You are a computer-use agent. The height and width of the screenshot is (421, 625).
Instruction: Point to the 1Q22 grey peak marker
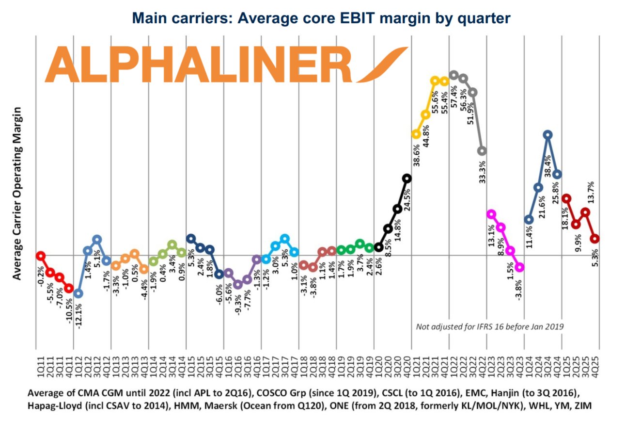coord(453,75)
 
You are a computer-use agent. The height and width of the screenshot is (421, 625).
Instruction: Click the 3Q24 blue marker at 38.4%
coord(547,135)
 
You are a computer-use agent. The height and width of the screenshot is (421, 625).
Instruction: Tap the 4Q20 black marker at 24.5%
coord(407,178)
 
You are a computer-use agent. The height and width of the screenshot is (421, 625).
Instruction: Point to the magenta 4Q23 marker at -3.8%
coord(519,267)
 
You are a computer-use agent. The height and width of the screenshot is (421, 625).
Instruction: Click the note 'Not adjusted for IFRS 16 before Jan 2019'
coord(489,326)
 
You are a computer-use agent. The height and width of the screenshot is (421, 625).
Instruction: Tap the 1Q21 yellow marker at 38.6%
coord(416,134)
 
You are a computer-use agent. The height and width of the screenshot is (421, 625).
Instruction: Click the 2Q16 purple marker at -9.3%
coord(237,285)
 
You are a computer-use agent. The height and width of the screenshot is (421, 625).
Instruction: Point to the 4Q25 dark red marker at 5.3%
coord(595,239)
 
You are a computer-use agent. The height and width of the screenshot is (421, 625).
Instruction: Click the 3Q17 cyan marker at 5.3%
coord(284,239)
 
